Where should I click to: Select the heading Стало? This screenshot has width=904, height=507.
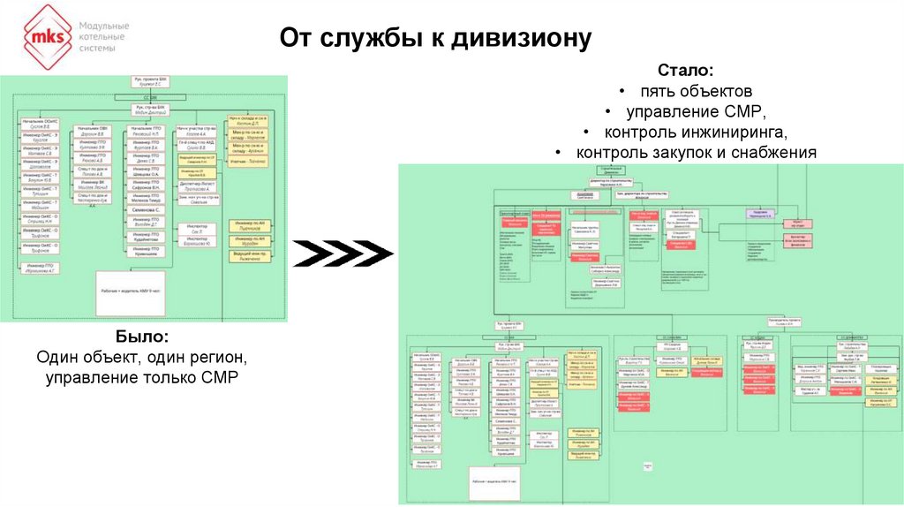[x=685, y=71]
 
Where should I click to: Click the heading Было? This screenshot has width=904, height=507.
[x=142, y=338]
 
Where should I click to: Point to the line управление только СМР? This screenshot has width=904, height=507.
[x=142, y=378]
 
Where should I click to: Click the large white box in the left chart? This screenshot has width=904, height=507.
[x=131, y=292]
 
